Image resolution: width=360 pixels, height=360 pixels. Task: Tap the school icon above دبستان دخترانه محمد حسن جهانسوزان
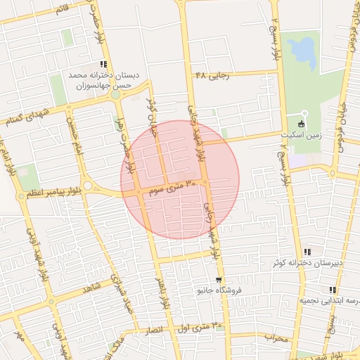coord(103,64)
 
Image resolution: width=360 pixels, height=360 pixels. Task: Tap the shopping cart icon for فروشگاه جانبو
coord(219,279)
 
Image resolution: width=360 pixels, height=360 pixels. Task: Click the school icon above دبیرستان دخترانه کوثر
coord(307,251)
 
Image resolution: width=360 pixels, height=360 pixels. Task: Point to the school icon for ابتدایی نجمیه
coord(332,289)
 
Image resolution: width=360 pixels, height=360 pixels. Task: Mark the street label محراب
coord(276,338)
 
